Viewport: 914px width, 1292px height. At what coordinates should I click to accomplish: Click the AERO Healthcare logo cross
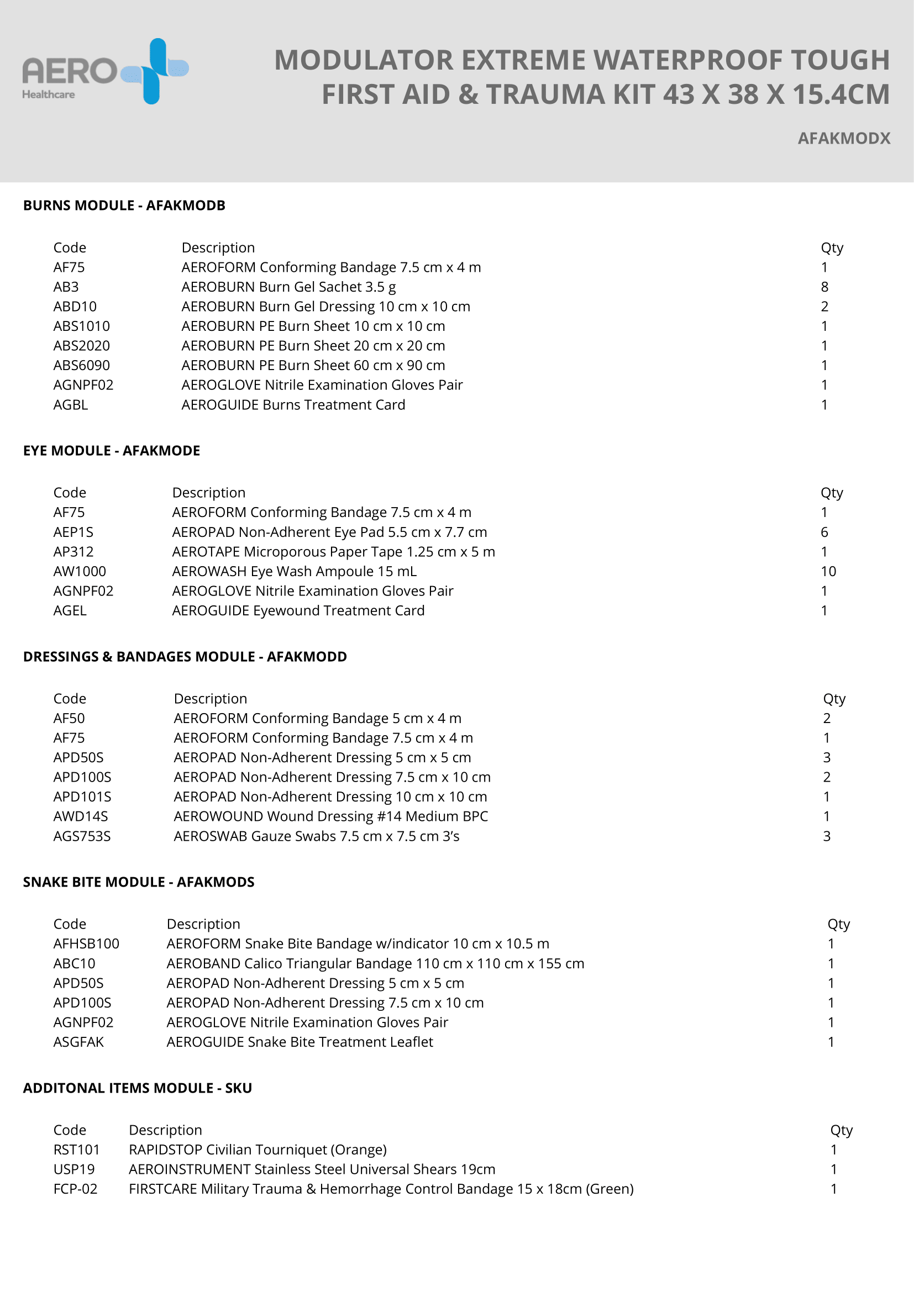(x=155, y=71)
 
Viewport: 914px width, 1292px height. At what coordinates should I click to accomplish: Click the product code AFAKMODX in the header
(x=844, y=139)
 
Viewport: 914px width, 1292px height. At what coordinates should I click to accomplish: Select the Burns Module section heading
(x=124, y=205)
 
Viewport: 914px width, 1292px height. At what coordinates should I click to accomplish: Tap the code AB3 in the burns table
(x=66, y=287)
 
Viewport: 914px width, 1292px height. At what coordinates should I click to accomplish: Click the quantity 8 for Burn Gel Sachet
(x=824, y=287)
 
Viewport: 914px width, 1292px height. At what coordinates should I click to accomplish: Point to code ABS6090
(x=82, y=366)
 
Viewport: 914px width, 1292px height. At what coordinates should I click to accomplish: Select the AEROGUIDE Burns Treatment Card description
(x=293, y=405)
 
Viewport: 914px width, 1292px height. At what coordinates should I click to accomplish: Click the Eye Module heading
(x=112, y=451)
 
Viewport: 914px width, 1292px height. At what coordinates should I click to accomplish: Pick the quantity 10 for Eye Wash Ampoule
(x=828, y=572)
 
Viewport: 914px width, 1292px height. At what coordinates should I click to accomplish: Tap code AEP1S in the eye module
(x=73, y=532)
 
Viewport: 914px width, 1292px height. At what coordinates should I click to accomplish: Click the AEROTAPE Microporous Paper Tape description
(x=333, y=552)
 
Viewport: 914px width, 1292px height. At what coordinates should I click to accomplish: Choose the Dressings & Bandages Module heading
(x=185, y=657)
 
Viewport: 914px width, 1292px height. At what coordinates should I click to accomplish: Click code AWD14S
(x=81, y=816)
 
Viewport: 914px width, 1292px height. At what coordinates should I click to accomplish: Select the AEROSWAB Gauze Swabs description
(x=316, y=836)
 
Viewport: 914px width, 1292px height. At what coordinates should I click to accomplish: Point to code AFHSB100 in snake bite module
(x=86, y=943)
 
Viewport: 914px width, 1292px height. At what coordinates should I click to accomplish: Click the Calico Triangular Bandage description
(x=375, y=963)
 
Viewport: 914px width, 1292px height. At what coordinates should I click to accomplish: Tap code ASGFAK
(x=78, y=1042)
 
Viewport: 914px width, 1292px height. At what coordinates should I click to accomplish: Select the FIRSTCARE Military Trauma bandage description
(x=381, y=1189)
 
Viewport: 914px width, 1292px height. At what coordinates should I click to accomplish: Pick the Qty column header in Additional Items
(x=841, y=1130)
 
